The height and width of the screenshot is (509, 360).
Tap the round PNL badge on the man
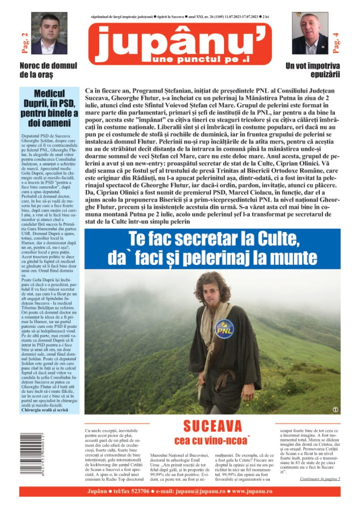click(x=224, y=329)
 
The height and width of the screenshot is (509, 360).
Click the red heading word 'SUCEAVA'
click(x=212, y=426)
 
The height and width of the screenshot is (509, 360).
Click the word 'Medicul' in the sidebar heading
click(x=50, y=93)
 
